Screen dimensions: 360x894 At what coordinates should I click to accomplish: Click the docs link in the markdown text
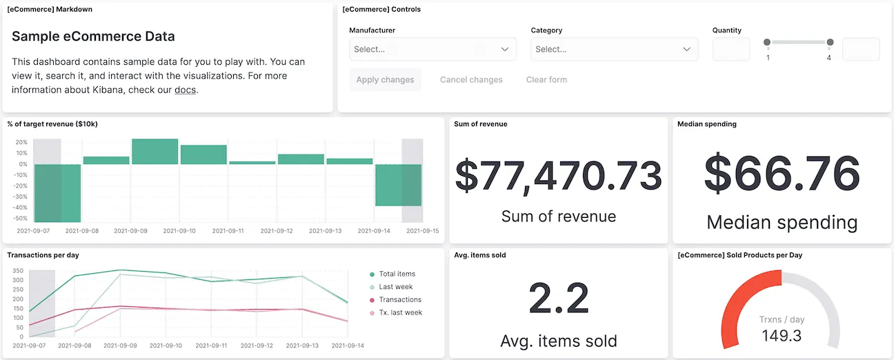(184, 90)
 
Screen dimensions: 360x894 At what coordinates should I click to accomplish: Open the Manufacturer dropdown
(433, 49)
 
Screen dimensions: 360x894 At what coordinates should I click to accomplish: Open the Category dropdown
(614, 49)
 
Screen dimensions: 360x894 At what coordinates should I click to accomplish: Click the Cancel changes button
(471, 79)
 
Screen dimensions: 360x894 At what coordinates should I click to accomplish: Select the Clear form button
(546, 79)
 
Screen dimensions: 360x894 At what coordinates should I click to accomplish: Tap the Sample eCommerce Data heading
(93, 37)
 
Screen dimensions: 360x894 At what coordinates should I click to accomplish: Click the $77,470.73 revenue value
(558, 176)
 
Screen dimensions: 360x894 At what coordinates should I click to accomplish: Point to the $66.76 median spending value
(782, 172)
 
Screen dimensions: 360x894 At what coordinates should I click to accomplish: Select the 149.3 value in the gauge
(782, 336)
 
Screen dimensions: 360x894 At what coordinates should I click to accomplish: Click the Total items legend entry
(397, 274)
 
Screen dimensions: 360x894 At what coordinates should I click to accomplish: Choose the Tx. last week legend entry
(400, 312)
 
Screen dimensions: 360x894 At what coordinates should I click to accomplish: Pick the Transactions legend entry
(399, 299)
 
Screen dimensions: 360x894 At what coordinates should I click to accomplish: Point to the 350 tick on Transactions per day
(18, 271)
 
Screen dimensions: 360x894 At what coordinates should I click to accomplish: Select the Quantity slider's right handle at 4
(830, 42)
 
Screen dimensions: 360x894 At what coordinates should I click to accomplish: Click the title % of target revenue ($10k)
(52, 124)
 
